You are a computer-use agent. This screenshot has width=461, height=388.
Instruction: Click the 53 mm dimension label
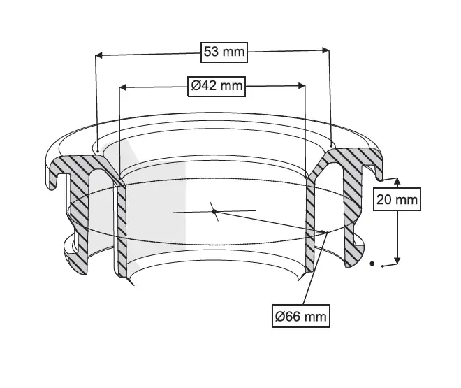point(224,52)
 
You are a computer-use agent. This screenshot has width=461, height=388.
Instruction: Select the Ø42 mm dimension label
point(217,86)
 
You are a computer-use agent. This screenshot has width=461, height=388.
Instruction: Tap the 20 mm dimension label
point(397,200)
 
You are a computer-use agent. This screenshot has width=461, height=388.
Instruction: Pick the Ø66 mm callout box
point(301,316)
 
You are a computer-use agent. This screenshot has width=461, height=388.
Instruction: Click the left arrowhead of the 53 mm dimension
point(99,55)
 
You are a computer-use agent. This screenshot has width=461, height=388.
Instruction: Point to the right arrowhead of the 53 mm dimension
point(325,50)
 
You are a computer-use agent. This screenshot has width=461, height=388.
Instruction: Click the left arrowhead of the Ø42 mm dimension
point(123,87)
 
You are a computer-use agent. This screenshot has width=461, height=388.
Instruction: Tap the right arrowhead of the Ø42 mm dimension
point(301,86)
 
